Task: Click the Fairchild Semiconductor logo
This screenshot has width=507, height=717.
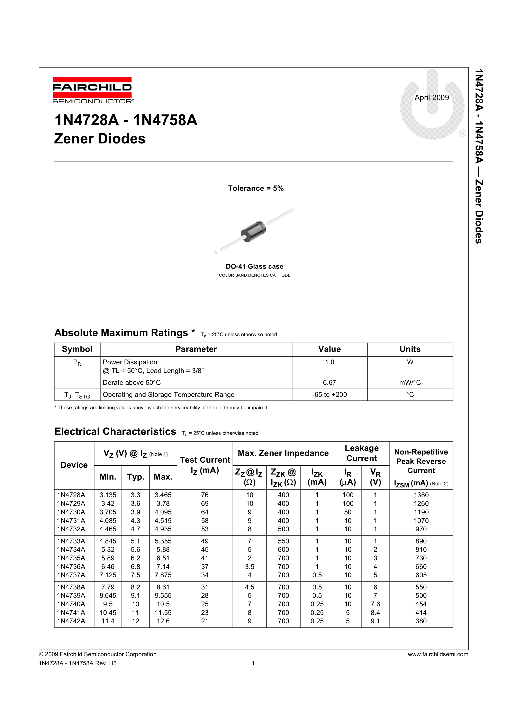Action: (92, 90)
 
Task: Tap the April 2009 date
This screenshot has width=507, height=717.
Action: (431, 98)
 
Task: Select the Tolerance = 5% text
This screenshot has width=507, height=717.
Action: (255, 188)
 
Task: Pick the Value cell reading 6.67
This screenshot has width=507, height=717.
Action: (329, 383)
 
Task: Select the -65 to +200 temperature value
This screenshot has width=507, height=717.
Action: (329, 394)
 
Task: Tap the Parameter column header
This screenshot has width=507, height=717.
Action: (196, 349)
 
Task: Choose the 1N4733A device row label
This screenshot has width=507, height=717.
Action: (71, 541)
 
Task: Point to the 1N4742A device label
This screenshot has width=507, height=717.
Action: (71, 621)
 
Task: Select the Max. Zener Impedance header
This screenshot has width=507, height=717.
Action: (283, 453)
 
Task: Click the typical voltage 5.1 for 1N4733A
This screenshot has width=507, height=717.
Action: (135, 541)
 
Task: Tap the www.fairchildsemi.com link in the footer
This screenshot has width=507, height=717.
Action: (438, 654)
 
